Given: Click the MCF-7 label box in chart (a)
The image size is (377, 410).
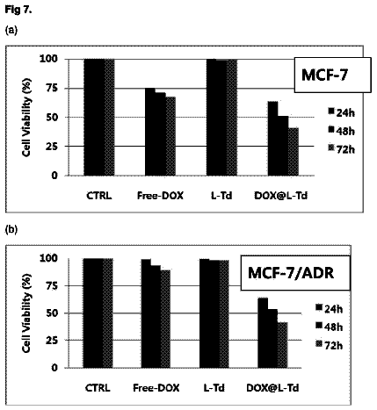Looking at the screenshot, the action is click(x=333, y=75).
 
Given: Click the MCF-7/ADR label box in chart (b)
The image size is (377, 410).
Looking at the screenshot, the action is click(x=295, y=273).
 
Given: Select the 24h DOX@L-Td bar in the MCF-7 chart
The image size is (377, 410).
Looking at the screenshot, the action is click(x=273, y=139).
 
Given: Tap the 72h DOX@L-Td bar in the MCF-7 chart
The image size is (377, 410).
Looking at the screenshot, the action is click(x=294, y=152).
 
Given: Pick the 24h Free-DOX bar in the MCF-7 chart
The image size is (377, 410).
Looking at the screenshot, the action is click(x=150, y=132).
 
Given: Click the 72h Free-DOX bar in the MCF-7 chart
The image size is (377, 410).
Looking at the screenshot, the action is click(x=170, y=136).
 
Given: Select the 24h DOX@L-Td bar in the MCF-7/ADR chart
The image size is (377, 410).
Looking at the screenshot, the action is click(x=263, y=333).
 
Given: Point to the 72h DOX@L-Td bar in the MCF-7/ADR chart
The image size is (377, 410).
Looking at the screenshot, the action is click(x=282, y=345).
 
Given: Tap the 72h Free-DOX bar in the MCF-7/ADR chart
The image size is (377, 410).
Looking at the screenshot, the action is click(x=165, y=319).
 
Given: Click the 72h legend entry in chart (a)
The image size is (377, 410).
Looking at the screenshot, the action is click(x=342, y=149).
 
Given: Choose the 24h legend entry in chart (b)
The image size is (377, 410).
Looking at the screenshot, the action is click(x=330, y=309).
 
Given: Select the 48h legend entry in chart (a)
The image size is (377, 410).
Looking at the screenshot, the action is click(x=342, y=131).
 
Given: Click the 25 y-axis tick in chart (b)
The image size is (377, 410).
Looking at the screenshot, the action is click(x=52, y=341).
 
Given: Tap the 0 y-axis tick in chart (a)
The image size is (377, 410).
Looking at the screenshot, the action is click(x=54, y=176).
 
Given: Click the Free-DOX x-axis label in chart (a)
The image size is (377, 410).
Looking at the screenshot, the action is click(x=160, y=195).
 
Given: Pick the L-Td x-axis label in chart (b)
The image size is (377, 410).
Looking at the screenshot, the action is click(x=214, y=388).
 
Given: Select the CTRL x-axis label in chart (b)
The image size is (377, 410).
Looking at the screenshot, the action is click(x=98, y=388).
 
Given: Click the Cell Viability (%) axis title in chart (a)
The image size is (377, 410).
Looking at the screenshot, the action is click(x=26, y=118).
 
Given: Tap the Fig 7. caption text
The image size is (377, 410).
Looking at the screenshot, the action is click(x=18, y=11).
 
